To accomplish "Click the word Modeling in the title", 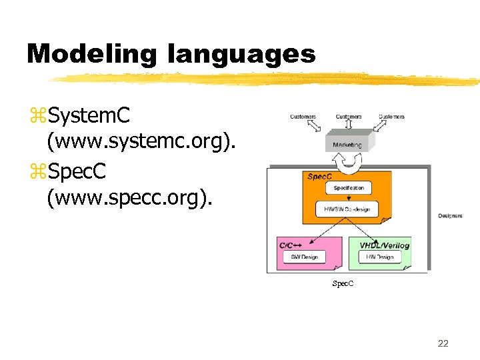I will point(91,53).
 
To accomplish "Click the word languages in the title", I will point(242,53).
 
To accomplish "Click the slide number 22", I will point(443,343).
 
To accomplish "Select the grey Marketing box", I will point(347,144).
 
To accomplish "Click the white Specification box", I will point(349,188).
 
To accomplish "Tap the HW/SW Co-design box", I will point(347,209).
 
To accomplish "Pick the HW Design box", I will point(380,257).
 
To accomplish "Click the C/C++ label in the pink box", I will point(291,245).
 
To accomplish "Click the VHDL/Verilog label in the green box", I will point(384,245).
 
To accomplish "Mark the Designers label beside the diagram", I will point(450,215).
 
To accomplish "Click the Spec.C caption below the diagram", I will point(343,284).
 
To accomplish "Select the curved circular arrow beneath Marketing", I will point(347,160).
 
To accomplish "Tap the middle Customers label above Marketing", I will point(348,117).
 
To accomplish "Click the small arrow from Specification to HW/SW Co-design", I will point(349,198).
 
